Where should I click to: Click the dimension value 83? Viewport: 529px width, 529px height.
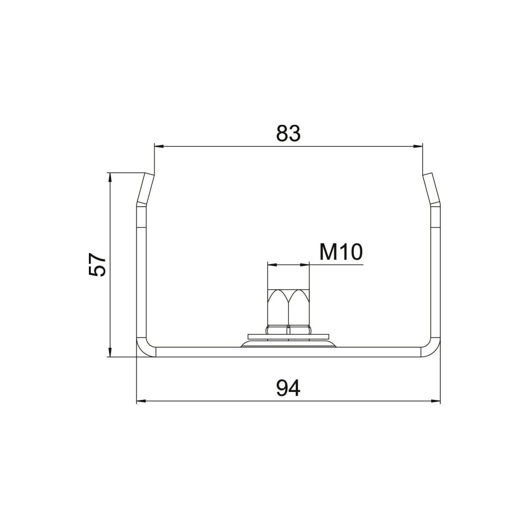288,133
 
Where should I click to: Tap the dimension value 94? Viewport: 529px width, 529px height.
288,388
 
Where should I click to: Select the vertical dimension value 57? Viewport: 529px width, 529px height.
97,265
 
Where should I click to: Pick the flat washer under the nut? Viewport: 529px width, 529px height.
288,336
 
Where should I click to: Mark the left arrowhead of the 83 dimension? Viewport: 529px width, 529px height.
159,146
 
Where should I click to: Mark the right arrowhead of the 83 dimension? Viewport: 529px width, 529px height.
418,146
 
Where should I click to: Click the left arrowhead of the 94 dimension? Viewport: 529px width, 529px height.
141,401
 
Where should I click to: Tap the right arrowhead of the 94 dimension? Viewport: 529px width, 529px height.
436,401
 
